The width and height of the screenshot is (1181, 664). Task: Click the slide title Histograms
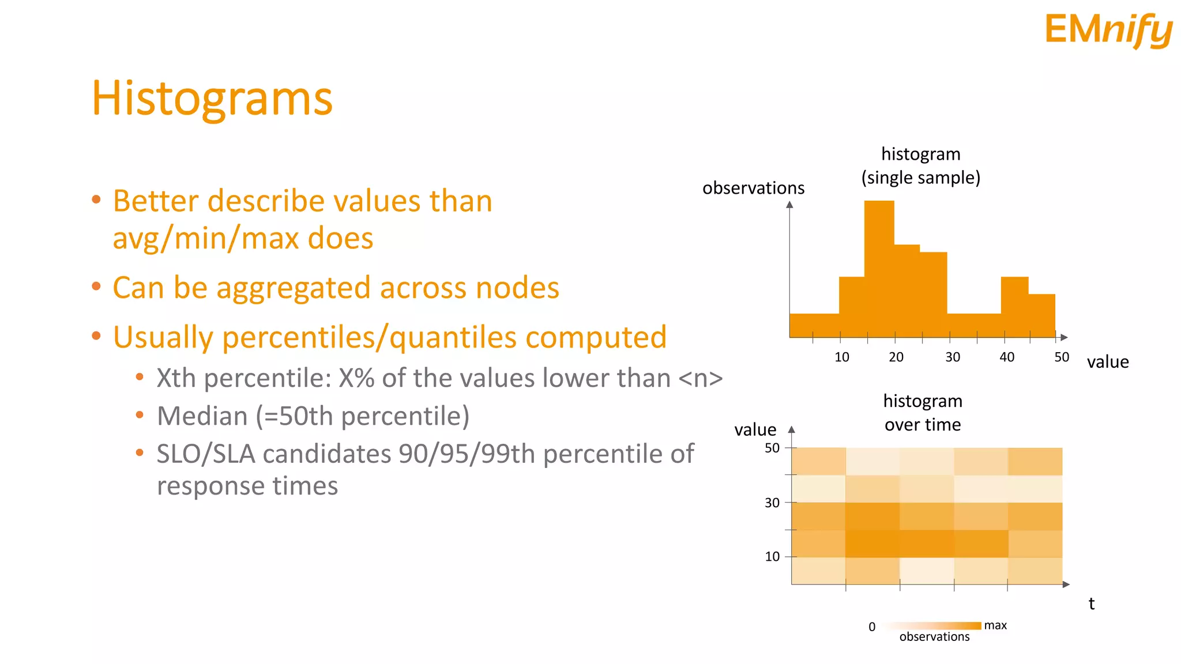point(212,98)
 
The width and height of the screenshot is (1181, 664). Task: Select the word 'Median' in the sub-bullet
point(202,416)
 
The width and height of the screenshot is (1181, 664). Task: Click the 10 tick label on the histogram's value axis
point(841,357)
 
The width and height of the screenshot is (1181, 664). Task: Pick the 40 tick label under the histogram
point(1007,357)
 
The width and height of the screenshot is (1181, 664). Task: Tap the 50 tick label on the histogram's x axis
point(1062,357)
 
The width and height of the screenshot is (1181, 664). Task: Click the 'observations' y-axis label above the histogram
point(753,188)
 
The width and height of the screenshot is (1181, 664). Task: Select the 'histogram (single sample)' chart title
point(921,166)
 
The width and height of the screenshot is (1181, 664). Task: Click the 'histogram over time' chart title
point(923,413)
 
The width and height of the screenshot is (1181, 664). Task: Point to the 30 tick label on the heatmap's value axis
point(772,503)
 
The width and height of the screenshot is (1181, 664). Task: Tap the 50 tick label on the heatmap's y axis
point(772,448)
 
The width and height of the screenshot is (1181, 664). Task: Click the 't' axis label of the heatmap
point(1091,604)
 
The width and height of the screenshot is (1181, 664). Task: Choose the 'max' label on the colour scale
point(995,625)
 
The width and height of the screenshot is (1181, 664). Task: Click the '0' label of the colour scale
point(872,627)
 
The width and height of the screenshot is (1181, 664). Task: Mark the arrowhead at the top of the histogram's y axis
point(789,205)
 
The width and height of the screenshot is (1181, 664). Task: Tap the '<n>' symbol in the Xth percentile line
point(700,379)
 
